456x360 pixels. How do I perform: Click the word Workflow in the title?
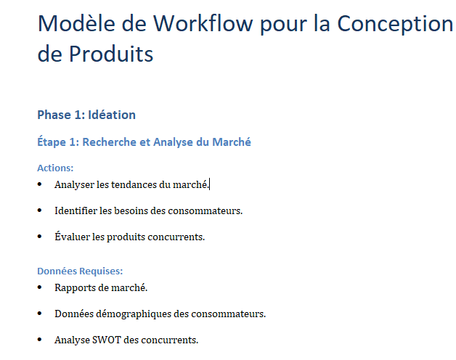click(x=203, y=23)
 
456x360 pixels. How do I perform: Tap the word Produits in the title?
click(x=111, y=54)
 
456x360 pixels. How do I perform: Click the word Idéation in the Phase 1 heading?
click(x=112, y=115)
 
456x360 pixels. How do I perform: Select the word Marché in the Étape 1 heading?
click(x=232, y=142)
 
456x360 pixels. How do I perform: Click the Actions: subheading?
click(x=55, y=168)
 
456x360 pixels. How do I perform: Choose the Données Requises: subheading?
click(x=80, y=271)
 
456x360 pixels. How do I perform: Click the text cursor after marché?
click(x=210, y=184)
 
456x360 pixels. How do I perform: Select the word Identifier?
click(x=76, y=210)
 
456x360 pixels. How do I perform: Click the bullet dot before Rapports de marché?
click(x=39, y=287)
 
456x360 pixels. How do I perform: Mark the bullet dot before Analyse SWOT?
click(x=39, y=340)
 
